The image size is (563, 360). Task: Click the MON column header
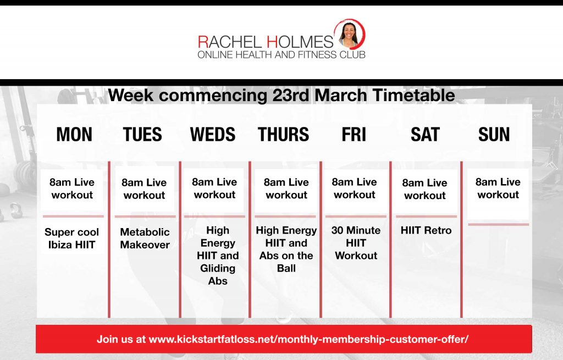74,135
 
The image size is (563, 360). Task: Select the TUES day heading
142,135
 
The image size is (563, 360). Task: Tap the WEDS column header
213,135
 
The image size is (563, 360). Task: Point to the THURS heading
283,135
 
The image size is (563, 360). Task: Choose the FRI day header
354,135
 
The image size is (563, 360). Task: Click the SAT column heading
425,135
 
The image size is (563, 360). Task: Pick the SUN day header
494,135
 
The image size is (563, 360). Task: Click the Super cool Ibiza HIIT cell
72,239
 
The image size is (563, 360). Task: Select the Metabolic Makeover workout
145,239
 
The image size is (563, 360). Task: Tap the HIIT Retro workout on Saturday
426,230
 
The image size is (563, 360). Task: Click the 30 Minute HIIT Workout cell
356,243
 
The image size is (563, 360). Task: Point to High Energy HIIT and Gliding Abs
218,256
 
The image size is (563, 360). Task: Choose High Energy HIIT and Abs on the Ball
286,249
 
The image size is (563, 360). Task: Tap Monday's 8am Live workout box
72,189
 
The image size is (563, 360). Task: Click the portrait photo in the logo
349,35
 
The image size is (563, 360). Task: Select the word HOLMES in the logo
300,42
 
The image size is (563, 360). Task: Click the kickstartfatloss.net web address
308,339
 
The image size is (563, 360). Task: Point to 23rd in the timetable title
291,96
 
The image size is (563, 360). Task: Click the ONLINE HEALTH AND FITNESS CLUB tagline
281,55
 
